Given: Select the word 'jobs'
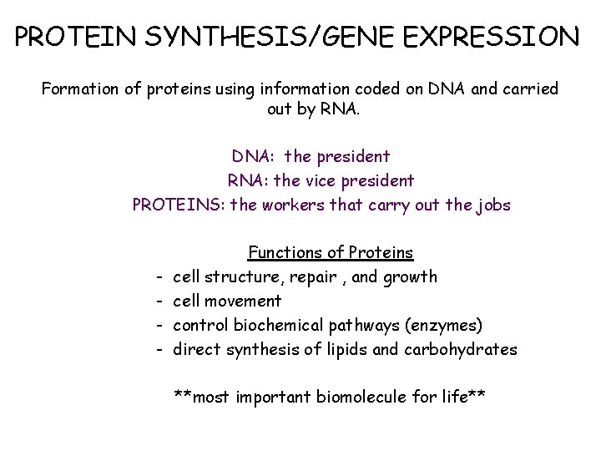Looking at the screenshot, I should click(492, 205).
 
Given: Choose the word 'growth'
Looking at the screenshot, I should click(410, 276).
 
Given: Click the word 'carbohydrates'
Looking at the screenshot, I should click(460, 349).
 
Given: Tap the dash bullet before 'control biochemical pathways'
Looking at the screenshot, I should click(157, 325).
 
